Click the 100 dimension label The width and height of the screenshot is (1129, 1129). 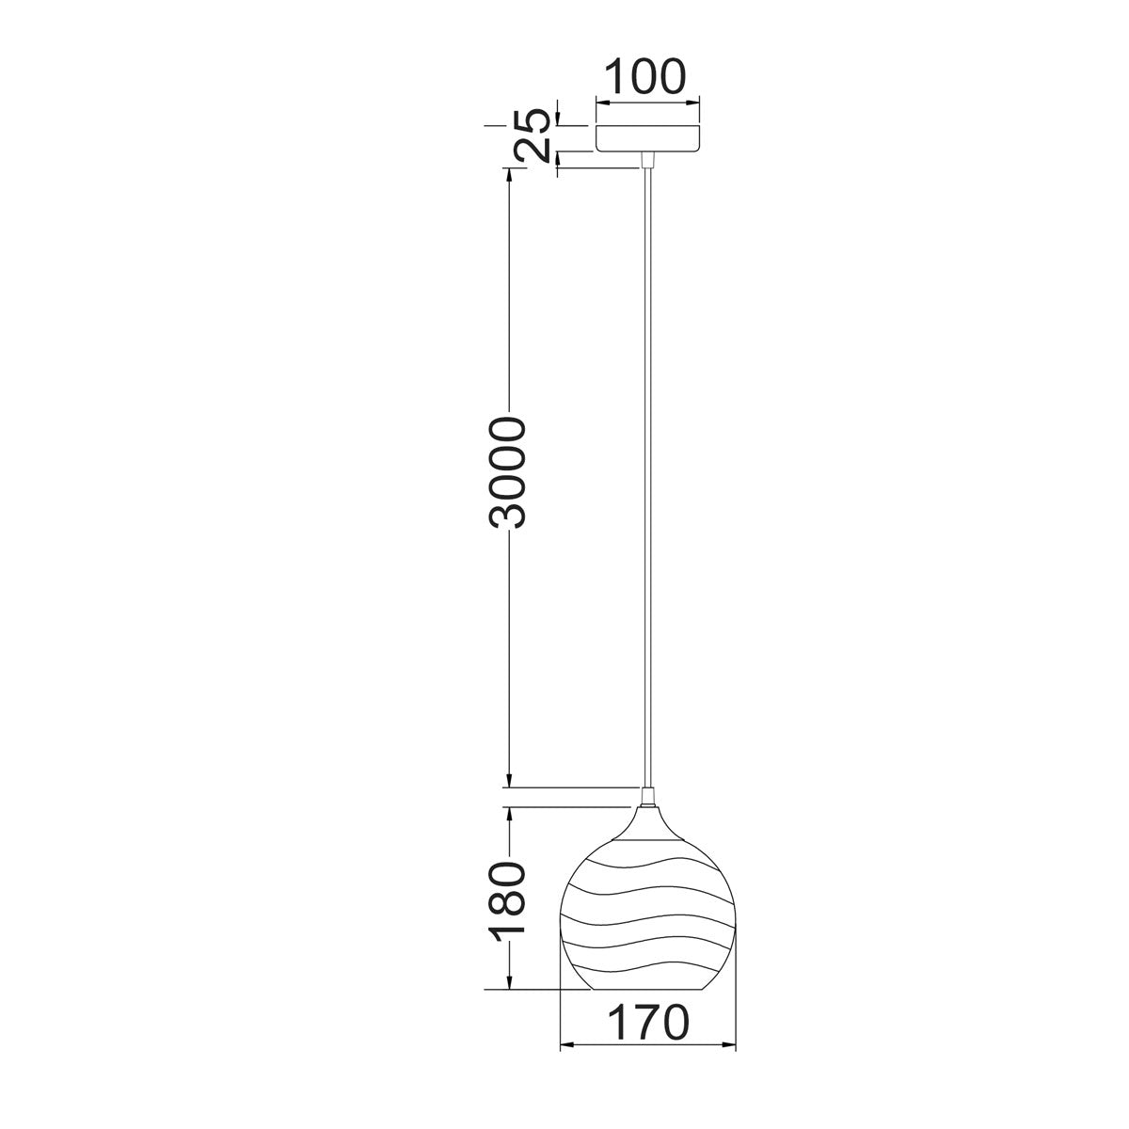tap(644, 76)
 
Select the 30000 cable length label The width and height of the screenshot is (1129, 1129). tap(508, 473)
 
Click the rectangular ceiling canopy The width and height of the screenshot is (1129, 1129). tap(647, 137)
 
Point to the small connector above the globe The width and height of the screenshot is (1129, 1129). tap(647, 798)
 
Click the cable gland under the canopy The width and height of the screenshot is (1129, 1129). tap(647, 160)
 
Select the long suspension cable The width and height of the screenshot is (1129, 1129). tap(647, 478)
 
